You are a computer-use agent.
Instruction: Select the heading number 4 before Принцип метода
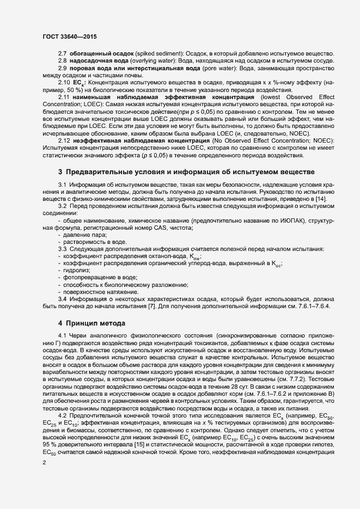tap(61, 323)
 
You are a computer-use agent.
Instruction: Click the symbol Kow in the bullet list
tap(195, 256)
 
